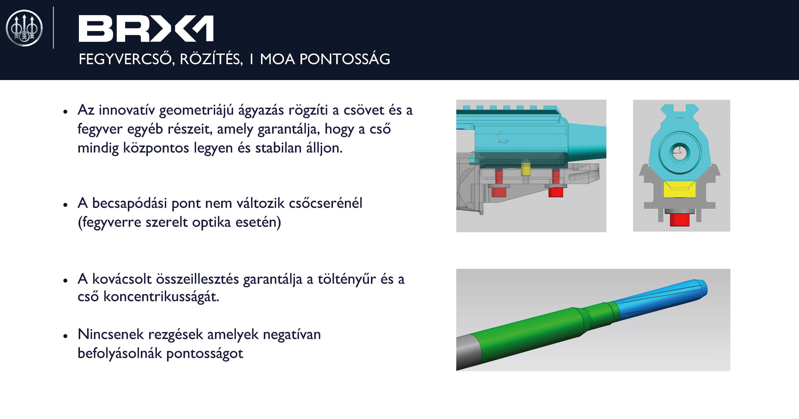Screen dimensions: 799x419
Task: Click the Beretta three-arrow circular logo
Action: (x=24, y=28)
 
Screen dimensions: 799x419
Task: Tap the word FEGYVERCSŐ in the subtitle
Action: (x=125, y=59)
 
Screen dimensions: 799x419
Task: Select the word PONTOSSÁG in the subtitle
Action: (x=345, y=59)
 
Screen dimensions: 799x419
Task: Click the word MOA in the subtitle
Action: (x=277, y=59)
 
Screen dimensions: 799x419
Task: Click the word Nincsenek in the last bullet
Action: (x=111, y=334)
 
